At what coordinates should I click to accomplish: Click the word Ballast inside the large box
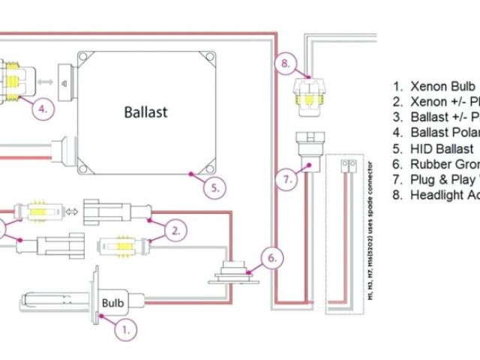[145, 112]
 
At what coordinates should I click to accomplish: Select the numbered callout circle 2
[174, 230]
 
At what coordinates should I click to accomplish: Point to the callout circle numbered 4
[44, 108]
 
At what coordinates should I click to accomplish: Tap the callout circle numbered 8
[283, 64]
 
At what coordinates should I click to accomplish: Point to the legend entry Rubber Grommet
[435, 164]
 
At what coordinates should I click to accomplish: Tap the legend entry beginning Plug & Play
[435, 180]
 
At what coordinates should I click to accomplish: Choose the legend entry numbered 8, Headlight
[435, 196]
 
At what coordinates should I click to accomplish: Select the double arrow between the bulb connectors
[73, 211]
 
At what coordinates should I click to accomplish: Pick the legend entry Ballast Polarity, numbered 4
[435, 133]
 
